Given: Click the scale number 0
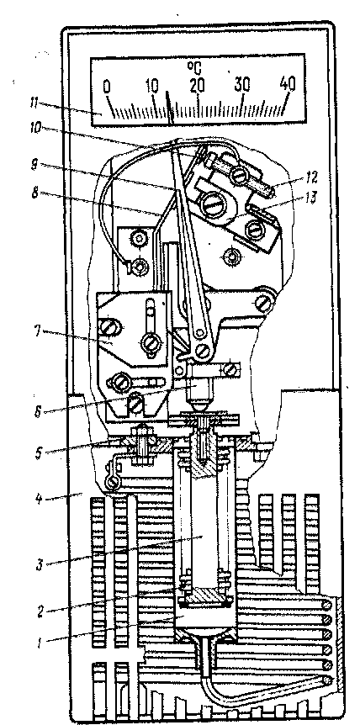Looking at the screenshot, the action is point(107,87).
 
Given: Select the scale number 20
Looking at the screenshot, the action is point(198,85).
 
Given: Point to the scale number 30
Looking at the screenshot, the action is point(241,85).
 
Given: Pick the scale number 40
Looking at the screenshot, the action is point(287,84).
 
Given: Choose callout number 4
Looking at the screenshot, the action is point(40,499).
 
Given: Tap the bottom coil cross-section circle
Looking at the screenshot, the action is point(328,680).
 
